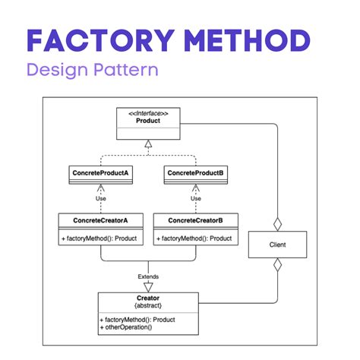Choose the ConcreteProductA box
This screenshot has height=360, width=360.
click(100, 174)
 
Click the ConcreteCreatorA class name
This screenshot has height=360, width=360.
click(100, 221)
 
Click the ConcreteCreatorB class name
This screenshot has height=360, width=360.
click(195, 221)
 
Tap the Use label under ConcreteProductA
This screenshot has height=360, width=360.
click(100, 199)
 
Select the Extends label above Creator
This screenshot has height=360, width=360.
click(148, 276)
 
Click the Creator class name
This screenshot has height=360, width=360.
click(148, 298)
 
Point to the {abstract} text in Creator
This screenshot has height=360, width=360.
click(148, 307)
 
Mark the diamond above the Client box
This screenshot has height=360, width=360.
click(277, 224)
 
